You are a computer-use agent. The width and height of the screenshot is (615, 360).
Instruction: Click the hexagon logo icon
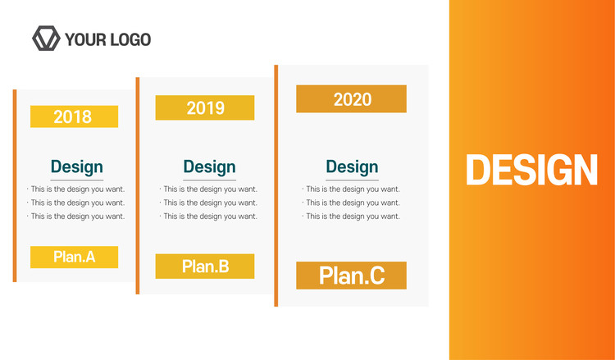(46, 39)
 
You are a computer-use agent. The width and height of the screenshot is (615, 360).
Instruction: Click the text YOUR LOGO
(108, 39)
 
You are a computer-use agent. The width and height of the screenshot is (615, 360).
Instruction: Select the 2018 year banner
(74, 116)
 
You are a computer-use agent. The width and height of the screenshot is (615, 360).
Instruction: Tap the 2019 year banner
(205, 108)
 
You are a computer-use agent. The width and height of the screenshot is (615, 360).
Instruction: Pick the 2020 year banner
(351, 99)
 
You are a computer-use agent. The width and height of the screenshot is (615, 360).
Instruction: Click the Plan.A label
(74, 257)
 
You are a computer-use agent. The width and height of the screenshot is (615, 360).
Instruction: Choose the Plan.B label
(205, 267)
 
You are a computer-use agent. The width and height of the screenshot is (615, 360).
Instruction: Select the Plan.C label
(351, 276)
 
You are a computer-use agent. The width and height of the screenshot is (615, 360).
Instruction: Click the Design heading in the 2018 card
(77, 167)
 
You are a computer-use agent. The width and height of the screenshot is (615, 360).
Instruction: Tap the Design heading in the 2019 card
(209, 167)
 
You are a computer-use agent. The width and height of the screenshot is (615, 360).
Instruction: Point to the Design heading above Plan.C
(353, 167)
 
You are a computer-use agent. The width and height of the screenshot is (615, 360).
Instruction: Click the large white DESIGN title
(531, 170)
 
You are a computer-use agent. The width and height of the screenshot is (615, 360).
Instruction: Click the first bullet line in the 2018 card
(76, 189)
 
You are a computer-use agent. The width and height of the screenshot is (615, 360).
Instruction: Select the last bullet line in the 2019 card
(208, 216)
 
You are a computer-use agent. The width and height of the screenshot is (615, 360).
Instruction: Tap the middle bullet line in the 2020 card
(351, 203)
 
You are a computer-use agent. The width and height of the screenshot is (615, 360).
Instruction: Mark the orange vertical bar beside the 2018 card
(15, 185)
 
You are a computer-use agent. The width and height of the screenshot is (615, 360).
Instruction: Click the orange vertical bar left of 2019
(138, 185)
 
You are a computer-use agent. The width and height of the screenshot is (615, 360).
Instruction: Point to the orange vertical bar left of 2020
(276, 185)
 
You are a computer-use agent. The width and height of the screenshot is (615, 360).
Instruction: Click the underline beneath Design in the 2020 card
(353, 180)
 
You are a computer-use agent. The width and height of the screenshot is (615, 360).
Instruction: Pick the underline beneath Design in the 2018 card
(77, 180)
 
